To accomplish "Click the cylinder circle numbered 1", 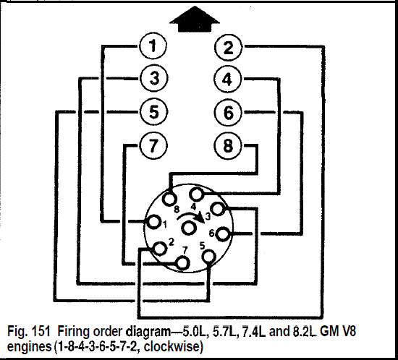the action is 153,46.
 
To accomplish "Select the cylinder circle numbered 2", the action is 228,47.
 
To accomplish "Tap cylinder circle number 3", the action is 154,78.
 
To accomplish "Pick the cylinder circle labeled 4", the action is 227,79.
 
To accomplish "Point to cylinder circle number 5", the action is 154,111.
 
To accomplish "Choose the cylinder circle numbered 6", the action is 228,112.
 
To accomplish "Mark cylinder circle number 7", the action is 153,146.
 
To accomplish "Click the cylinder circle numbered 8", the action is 228,146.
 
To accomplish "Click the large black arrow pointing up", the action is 195,20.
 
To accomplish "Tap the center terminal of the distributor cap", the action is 189,228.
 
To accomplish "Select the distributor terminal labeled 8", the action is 169,199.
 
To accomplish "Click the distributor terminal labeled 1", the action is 153,222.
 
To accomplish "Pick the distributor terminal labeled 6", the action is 224,234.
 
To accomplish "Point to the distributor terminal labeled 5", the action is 209,257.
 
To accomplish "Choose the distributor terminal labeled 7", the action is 183,262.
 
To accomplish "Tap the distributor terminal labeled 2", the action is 160,248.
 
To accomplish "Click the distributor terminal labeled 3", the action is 218,209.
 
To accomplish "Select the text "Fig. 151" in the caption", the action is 28,331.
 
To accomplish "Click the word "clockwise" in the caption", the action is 172,346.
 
